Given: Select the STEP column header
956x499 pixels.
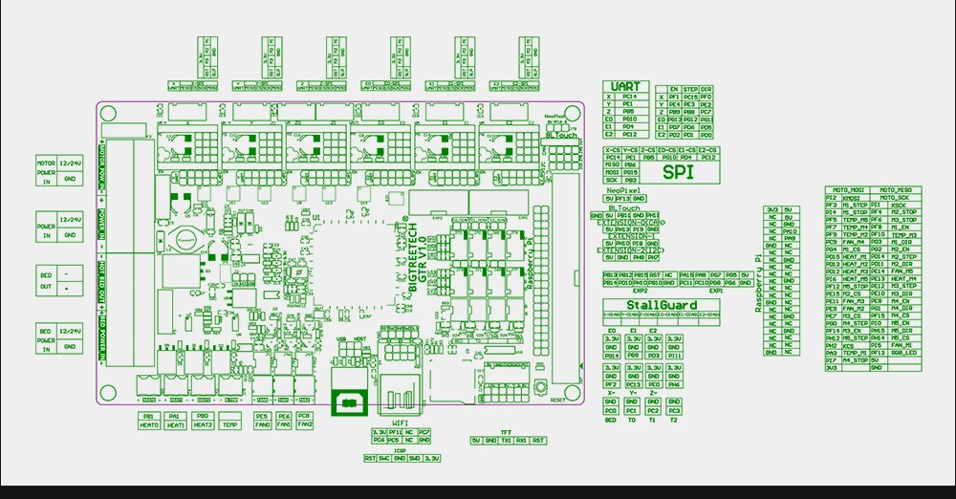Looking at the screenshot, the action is [x=690, y=88].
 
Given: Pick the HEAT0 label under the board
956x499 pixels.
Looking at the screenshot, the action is [x=149, y=425].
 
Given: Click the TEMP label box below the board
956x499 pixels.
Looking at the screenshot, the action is [x=229, y=422].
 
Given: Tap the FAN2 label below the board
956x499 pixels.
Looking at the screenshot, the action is [x=304, y=425].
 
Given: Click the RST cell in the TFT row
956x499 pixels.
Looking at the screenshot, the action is [x=538, y=441].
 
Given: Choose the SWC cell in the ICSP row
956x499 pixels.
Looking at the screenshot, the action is [x=383, y=459].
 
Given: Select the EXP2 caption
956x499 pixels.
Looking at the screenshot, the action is [x=641, y=290].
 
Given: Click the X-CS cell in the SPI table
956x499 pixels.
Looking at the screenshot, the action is [x=612, y=150].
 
